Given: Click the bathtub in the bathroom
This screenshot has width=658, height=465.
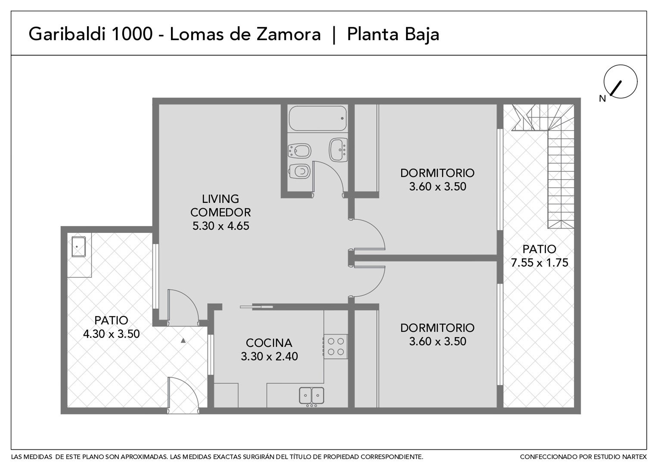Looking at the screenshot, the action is coord(317,118).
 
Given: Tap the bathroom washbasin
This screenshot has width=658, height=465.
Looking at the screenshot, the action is coord(338,150).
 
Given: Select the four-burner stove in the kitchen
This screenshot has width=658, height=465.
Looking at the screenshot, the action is coord(335,346).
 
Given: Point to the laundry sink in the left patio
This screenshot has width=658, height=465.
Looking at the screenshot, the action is coord(79,247).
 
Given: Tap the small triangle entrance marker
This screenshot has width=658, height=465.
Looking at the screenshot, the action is coord(183,341).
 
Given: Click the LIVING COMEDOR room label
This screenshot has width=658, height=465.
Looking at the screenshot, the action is coord(220,205).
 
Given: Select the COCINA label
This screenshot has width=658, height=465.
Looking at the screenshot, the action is coord(269,343).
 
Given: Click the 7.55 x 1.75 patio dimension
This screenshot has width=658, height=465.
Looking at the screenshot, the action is coord(540,263).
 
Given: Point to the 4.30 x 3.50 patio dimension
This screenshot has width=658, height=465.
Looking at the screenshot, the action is coord(112,334).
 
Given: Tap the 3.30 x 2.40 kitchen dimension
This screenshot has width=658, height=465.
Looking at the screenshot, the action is coord(270,356).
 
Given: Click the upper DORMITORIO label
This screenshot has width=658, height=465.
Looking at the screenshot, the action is coord(438,173).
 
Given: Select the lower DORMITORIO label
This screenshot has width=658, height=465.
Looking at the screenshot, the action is coord(438,328).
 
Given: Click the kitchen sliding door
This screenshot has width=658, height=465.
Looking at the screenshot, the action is coord(257,307).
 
